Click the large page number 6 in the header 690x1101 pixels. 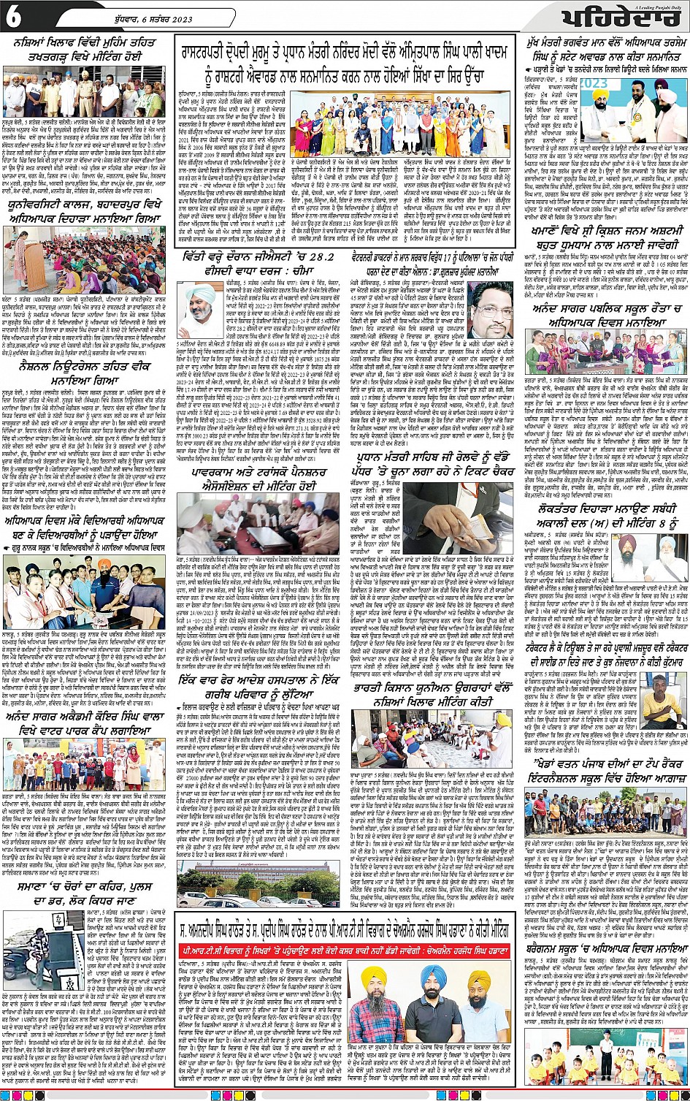click(14, 18)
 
